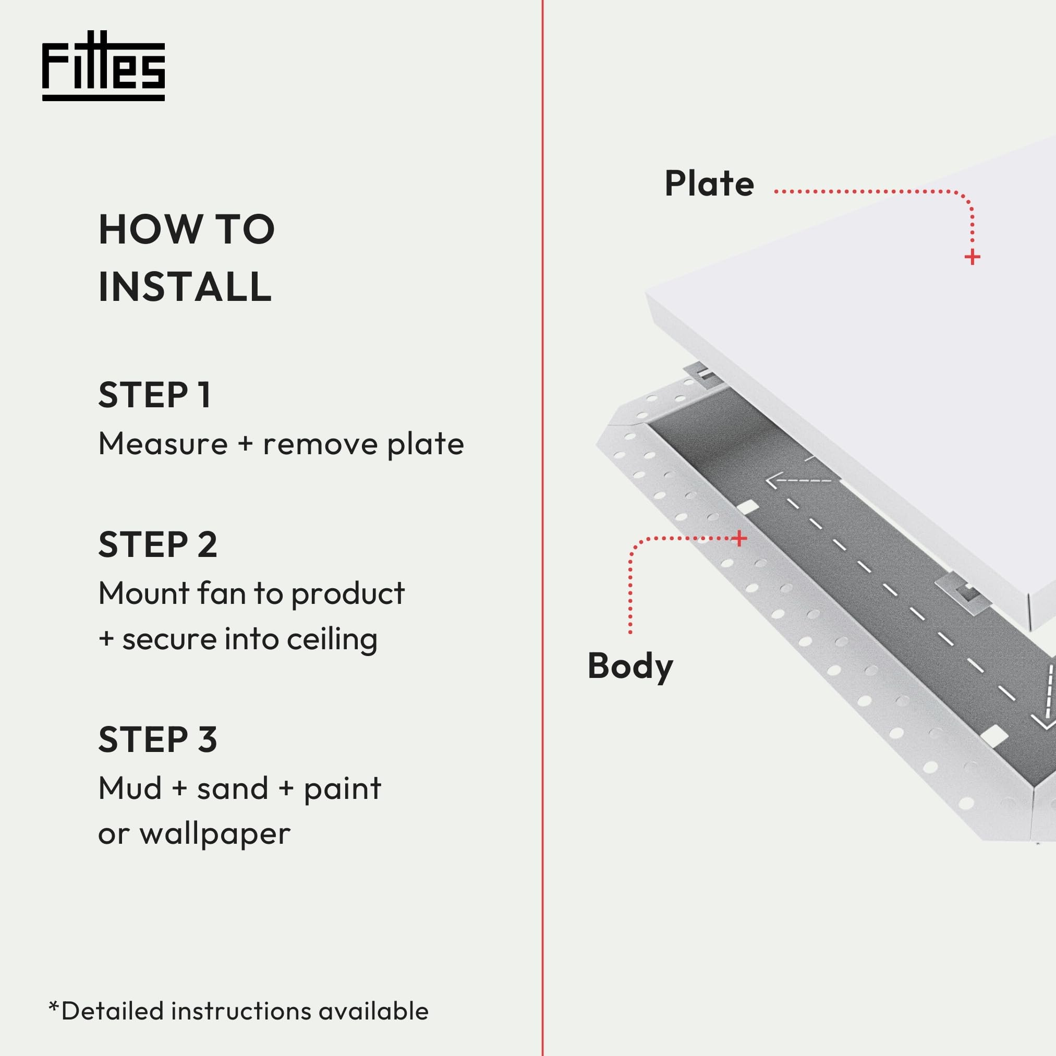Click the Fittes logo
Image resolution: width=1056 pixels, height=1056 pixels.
(x=103, y=66)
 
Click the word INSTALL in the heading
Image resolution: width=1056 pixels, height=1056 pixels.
(x=185, y=287)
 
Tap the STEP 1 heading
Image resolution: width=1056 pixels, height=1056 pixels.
(x=155, y=395)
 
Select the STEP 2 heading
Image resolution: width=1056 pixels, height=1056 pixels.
(x=158, y=545)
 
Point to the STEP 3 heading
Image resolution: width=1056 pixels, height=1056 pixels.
(x=158, y=740)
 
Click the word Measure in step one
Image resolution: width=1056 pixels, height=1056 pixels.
(x=163, y=444)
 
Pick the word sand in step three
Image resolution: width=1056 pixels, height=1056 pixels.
(x=232, y=788)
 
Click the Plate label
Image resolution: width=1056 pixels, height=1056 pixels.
(x=709, y=184)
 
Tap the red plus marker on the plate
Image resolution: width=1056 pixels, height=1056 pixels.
(x=972, y=257)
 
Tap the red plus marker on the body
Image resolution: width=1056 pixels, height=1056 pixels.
(x=739, y=538)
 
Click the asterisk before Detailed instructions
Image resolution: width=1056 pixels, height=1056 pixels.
(x=53, y=1007)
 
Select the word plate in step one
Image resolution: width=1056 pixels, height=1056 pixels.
(x=426, y=444)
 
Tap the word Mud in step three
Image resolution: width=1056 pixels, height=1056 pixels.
(x=130, y=788)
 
